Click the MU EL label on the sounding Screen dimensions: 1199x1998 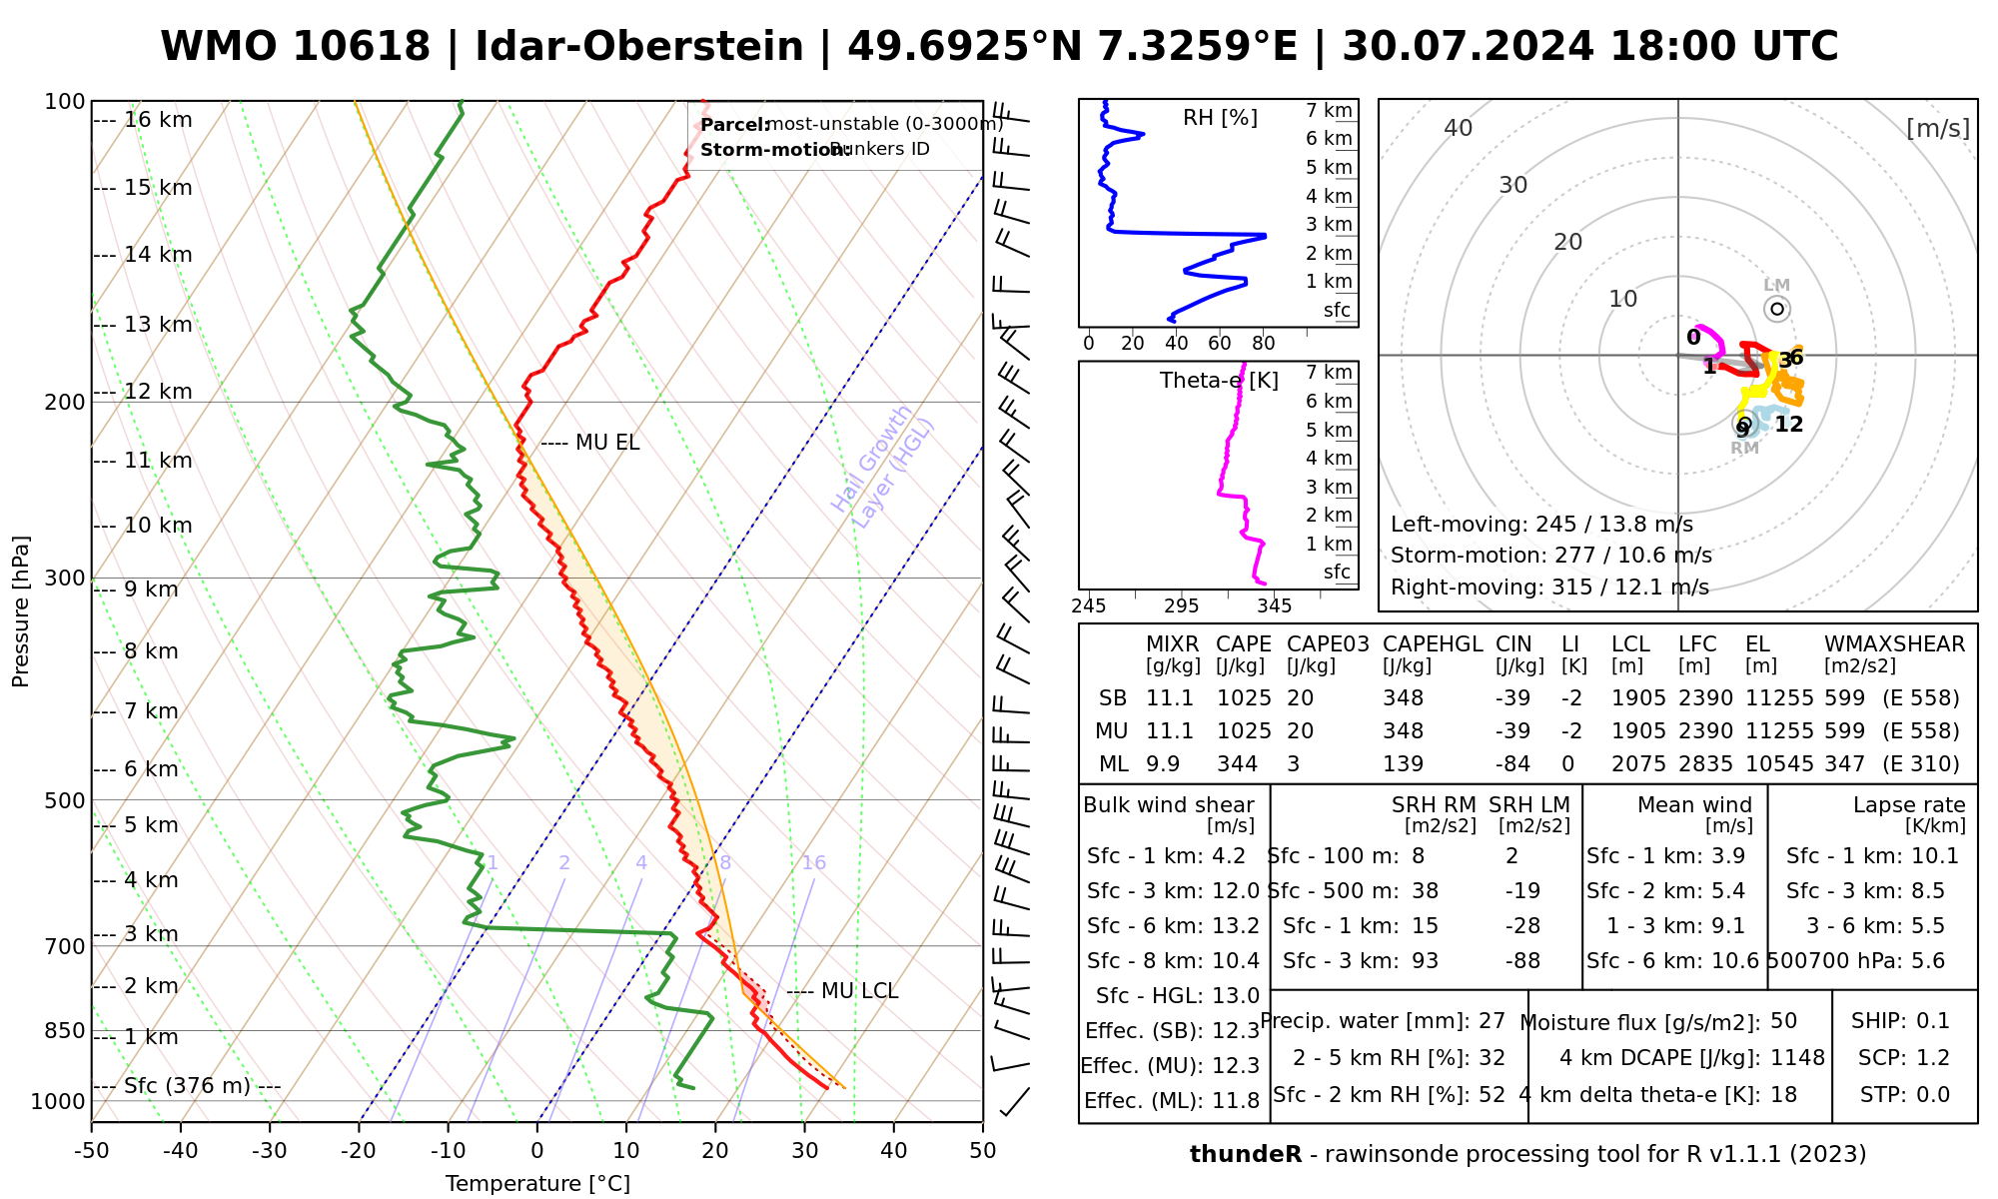coord(606,443)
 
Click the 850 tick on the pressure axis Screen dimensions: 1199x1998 coord(66,1030)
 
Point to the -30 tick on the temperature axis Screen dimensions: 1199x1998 coord(270,1151)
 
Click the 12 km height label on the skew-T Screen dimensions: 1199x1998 coord(158,392)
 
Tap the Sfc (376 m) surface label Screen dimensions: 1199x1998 coord(187,1086)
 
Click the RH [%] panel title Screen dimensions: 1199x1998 coord(1220,118)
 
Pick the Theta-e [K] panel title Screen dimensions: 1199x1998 coord(1219,381)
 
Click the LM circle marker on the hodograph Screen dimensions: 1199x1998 coord(1777,309)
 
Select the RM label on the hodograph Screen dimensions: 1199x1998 coord(1744,448)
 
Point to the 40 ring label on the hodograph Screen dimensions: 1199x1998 coord(1459,128)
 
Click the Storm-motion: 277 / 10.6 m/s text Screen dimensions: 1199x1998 coord(1550,556)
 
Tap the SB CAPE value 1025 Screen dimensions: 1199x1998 coord(1244,698)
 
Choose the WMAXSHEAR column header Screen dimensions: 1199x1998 coord(1894,644)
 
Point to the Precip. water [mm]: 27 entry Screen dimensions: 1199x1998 coord(1383,1021)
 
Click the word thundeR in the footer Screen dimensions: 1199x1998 coord(1245,1155)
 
